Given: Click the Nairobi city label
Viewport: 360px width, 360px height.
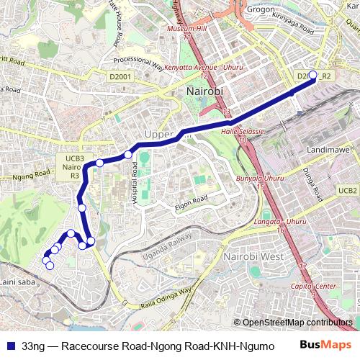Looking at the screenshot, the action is click(x=204, y=92).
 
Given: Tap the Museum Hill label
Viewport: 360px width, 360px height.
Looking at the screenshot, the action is click(x=186, y=30).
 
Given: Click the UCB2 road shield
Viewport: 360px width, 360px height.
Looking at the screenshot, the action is click(x=348, y=191).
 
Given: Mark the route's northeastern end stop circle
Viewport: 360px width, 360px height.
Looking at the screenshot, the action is click(x=312, y=75).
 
